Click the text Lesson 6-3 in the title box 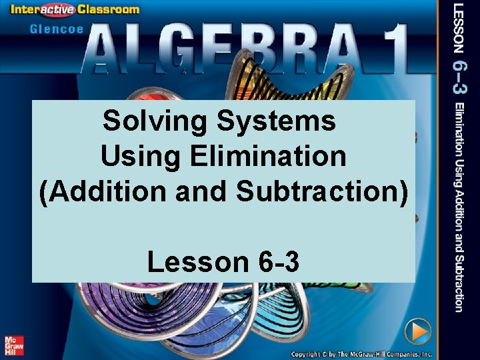point(223,262)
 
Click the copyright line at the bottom point(361,353)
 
